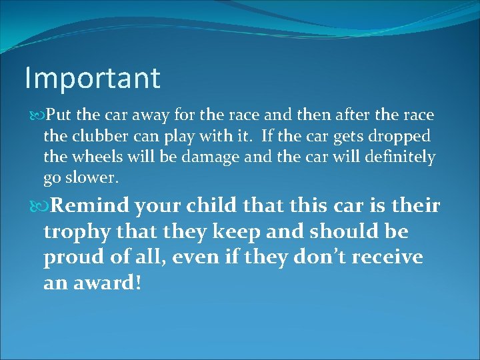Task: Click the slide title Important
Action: [x=92, y=78]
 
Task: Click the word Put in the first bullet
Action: [x=58, y=116]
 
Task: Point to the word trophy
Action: [x=76, y=232]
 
